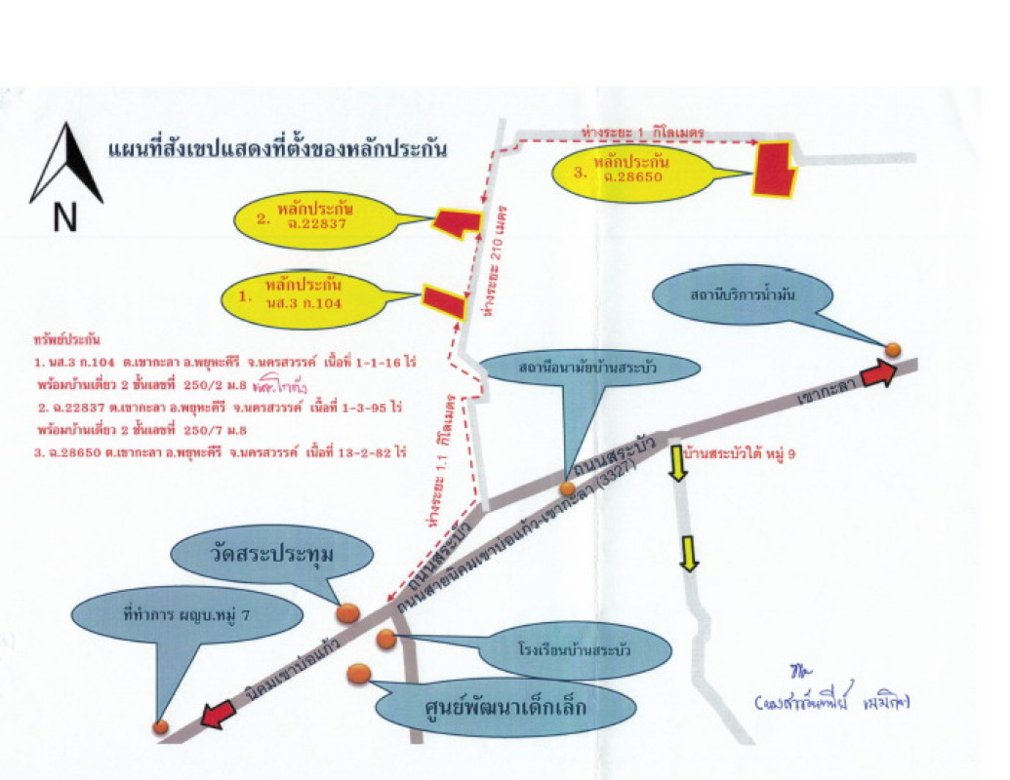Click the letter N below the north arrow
click(x=64, y=221)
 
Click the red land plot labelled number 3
click(x=773, y=168)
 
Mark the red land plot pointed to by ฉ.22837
click(x=456, y=223)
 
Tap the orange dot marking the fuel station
click(x=892, y=349)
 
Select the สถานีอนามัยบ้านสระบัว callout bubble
click(x=591, y=370)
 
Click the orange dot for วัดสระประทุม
click(x=348, y=612)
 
